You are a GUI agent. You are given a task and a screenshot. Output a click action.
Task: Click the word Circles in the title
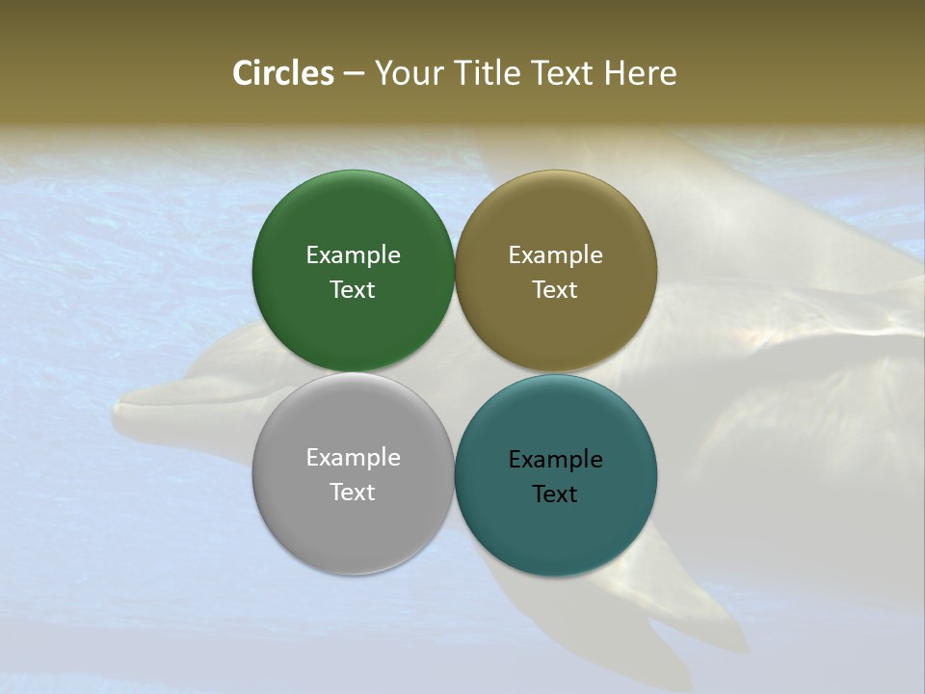(x=282, y=73)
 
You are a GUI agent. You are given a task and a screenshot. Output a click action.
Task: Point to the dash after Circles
(x=354, y=74)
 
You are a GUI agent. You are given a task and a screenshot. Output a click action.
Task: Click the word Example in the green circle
(x=353, y=254)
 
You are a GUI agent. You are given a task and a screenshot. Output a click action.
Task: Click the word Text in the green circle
(x=353, y=289)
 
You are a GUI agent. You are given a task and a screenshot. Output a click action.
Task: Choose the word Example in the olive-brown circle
(x=555, y=254)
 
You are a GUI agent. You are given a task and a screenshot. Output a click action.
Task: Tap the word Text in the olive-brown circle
(x=555, y=289)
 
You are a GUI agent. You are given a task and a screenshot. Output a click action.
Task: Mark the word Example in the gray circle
(x=353, y=457)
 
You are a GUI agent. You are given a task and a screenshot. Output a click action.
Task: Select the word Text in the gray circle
(x=353, y=492)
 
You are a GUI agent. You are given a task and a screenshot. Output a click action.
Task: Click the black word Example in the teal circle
(x=555, y=459)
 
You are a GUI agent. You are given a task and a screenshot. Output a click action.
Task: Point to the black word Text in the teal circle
(x=555, y=494)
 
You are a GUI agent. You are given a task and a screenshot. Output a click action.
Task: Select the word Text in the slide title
(x=563, y=73)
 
